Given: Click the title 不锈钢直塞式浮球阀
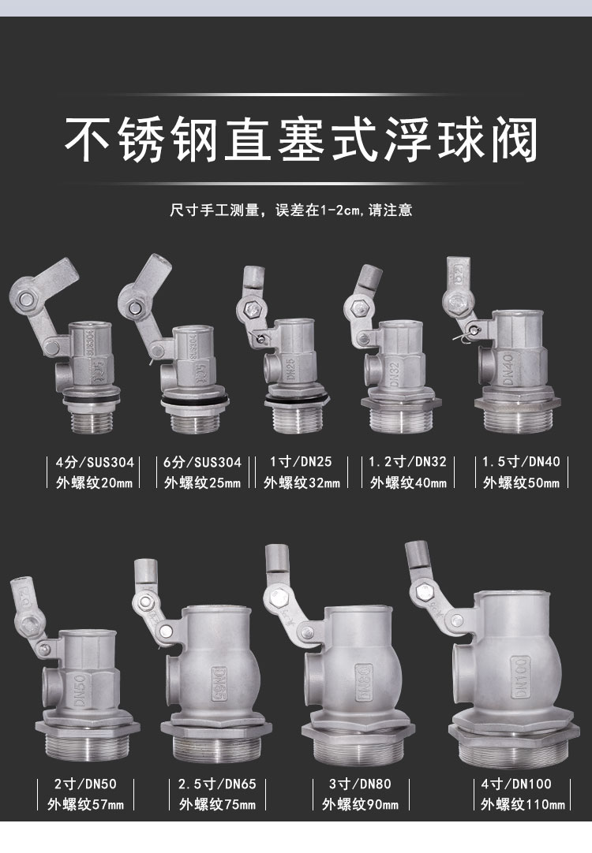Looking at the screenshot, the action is [302, 140].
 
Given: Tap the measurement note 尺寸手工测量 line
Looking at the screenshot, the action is [290, 210].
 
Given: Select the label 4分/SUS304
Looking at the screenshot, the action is [95, 463].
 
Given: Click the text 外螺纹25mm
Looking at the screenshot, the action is [202, 482].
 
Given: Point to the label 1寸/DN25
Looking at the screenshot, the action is [301, 462].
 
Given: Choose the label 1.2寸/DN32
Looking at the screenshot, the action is [407, 462].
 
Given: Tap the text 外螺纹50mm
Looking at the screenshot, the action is [521, 482].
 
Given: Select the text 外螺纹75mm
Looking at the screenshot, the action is [217, 804].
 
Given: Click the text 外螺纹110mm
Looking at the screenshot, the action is [523, 804].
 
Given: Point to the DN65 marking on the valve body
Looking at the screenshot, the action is [219, 684].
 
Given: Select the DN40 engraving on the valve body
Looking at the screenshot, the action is [508, 370].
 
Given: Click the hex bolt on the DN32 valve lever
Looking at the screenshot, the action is [358, 309].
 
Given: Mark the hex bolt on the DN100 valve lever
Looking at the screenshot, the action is [423, 592].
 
